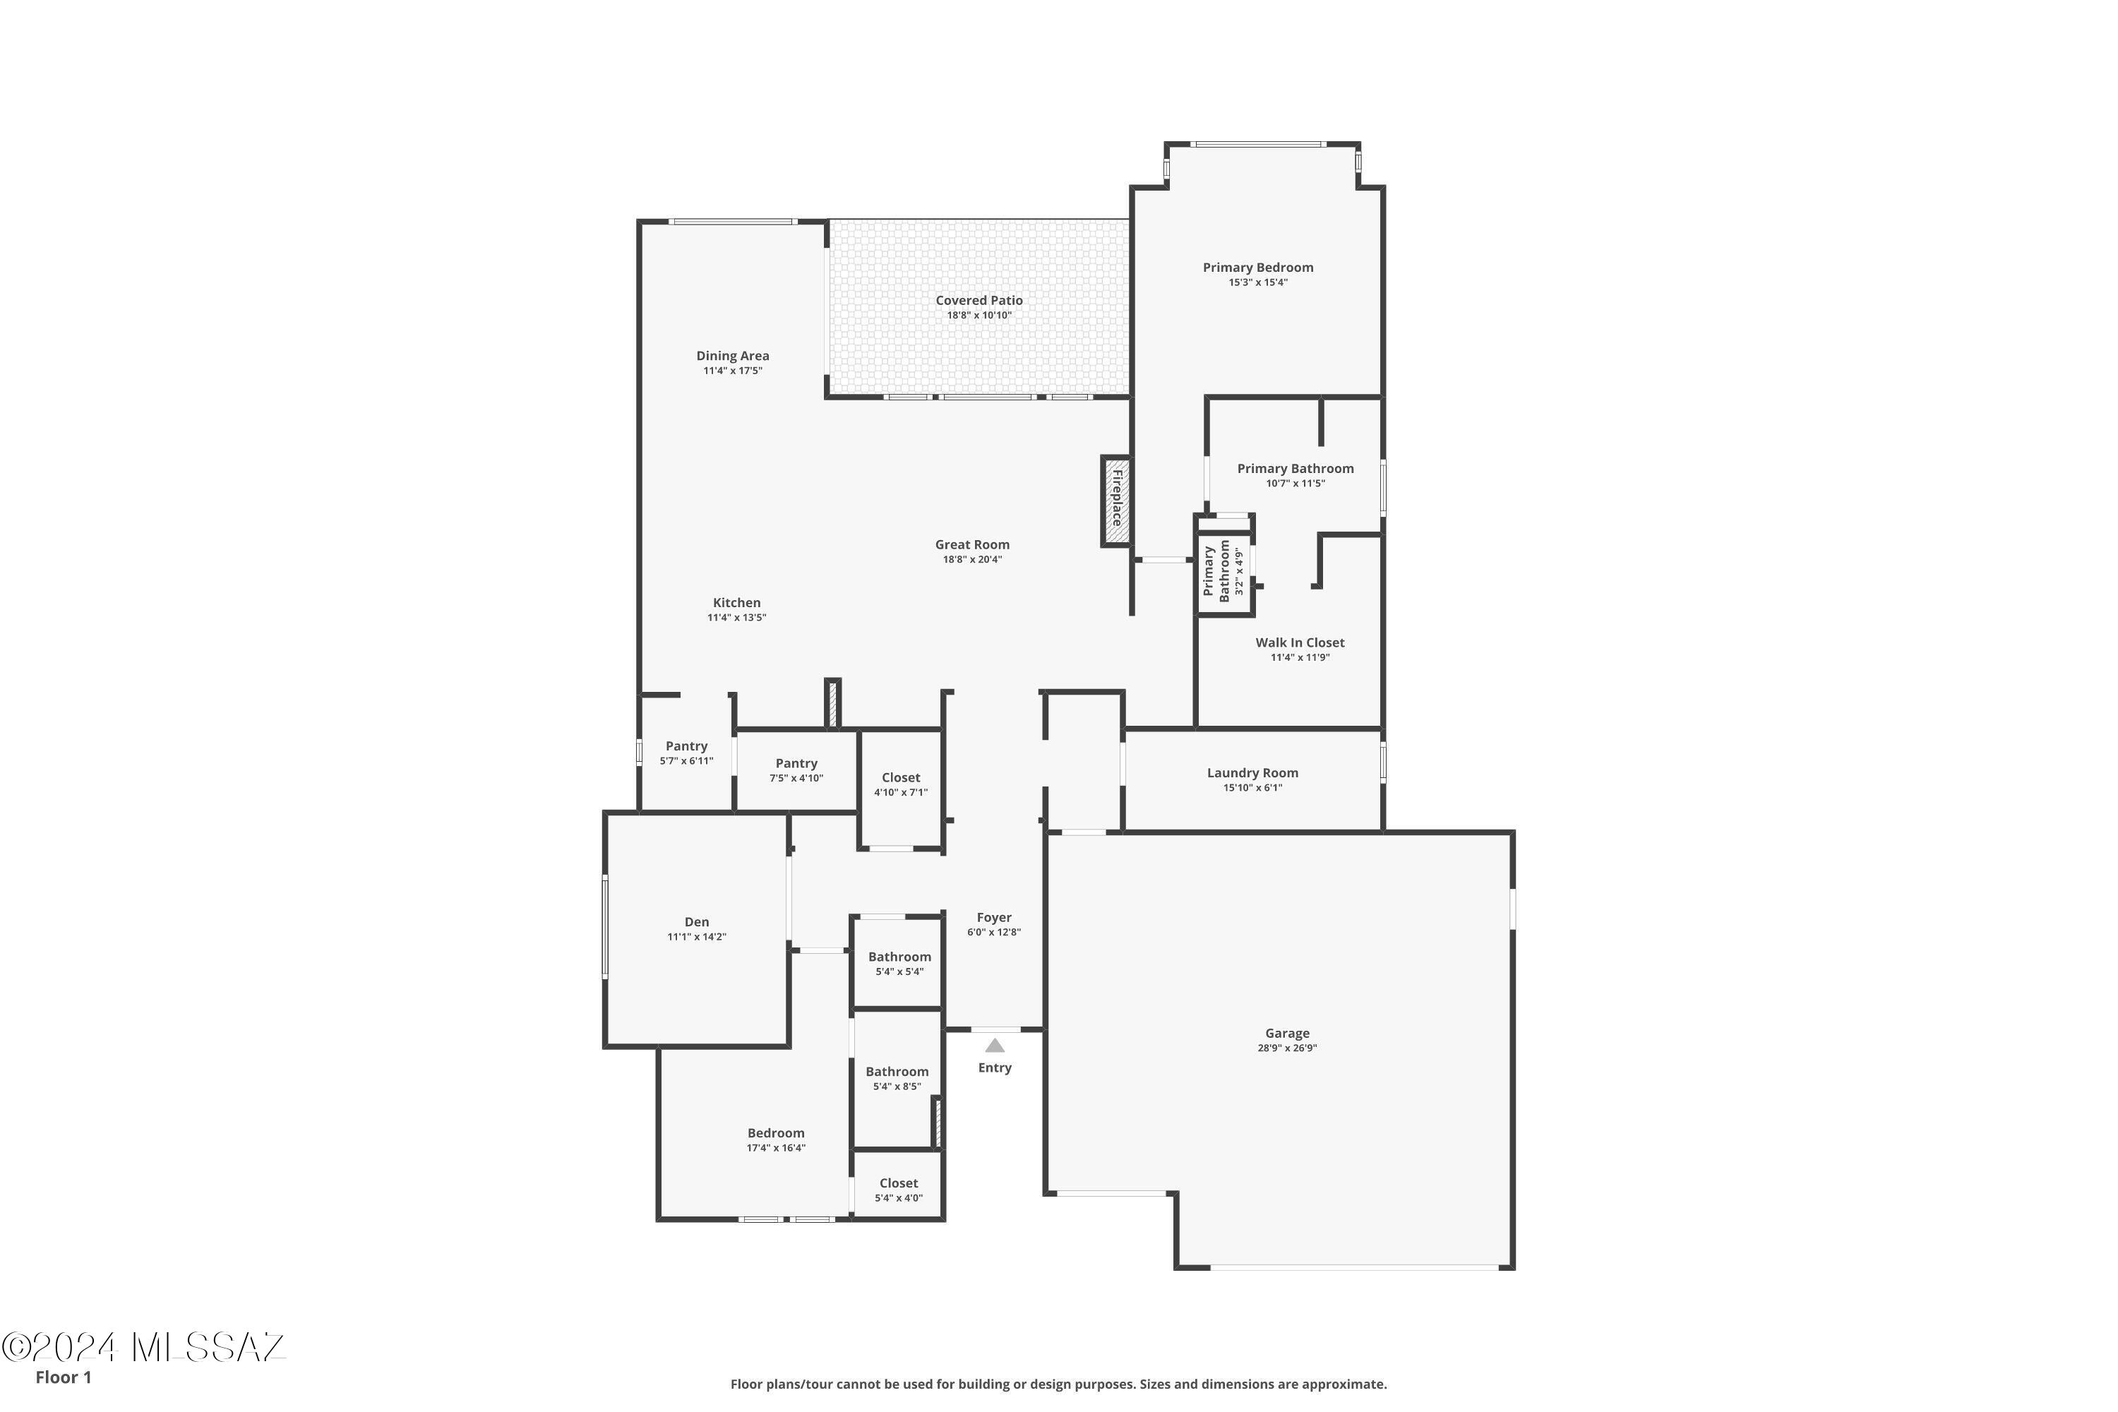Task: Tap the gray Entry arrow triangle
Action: pos(994,1046)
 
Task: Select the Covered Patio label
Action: pos(979,301)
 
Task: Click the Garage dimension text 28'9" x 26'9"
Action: pos(1287,1048)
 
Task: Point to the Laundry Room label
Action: pos(1252,772)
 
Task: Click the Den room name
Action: pos(696,922)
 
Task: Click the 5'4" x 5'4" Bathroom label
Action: pos(899,957)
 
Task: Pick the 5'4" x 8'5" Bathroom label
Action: pos(897,1072)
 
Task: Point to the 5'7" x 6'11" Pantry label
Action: pos(686,746)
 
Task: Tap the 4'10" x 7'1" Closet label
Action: pos(901,778)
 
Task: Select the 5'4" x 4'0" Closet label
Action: pos(899,1183)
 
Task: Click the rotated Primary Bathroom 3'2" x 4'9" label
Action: pos(1223,572)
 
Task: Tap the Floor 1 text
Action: pos(63,1377)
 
